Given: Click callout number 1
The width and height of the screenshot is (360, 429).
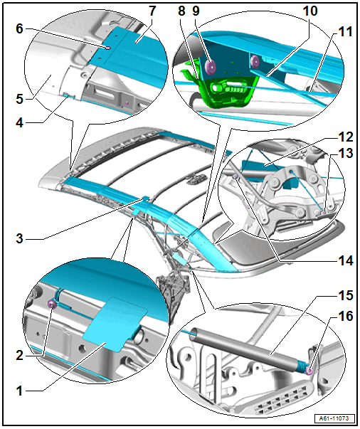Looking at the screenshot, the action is (x=19, y=391).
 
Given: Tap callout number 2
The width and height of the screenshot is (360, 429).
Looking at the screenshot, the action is (x=19, y=356).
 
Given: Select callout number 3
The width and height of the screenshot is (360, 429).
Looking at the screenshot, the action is (x=19, y=238).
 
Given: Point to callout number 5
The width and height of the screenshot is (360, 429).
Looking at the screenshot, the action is (x=19, y=99).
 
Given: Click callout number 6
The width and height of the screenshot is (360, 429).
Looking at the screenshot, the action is (x=19, y=28).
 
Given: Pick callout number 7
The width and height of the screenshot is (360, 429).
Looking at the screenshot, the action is (x=152, y=11).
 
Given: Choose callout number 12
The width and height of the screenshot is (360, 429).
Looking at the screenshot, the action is (x=346, y=137).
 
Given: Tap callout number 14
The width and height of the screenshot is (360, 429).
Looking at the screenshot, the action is (x=346, y=260).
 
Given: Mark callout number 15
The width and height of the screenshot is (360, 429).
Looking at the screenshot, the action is (x=346, y=295).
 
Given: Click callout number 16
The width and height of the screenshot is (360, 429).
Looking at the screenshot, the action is (x=346, y=317).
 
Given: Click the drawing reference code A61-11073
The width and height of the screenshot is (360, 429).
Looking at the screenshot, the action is (x=334, y=418).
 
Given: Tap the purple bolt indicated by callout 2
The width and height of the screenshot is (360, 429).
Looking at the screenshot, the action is (x=51, y=304).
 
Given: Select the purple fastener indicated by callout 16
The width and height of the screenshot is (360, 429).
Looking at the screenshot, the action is (x=309, y=371).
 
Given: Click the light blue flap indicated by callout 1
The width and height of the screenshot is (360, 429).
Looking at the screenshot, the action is (x=115, y=324).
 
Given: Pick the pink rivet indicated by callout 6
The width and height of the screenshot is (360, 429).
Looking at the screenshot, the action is (x=108, y=48).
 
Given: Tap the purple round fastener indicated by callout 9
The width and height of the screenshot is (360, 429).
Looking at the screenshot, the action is (x=210, y=67).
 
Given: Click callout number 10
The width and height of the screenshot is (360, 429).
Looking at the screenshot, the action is (x=310, y=11).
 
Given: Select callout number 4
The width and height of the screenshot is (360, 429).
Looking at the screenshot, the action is (x=19, y=123).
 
